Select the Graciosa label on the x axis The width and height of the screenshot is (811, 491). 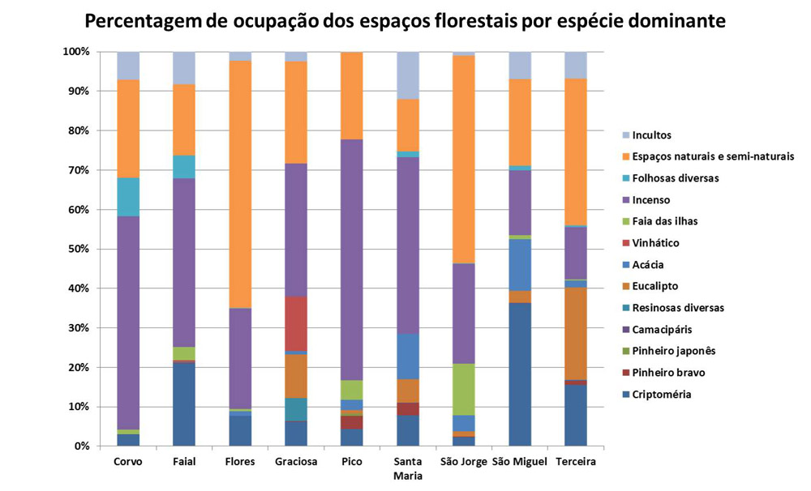[295, 462]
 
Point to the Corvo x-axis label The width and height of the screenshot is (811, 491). [128, 462]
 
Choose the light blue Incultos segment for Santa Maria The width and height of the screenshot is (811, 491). [406, 75]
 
